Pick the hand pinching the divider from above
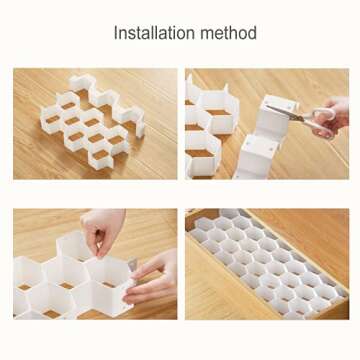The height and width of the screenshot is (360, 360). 102,230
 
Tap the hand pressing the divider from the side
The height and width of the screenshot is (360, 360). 152,278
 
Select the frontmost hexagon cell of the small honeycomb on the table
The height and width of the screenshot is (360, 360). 101,158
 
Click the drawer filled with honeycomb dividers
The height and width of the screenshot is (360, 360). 267,263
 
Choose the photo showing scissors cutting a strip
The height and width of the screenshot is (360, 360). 267,124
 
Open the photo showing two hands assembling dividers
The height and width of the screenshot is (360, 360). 95,264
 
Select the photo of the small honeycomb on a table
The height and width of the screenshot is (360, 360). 95,124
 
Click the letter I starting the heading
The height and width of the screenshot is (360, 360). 116,33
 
